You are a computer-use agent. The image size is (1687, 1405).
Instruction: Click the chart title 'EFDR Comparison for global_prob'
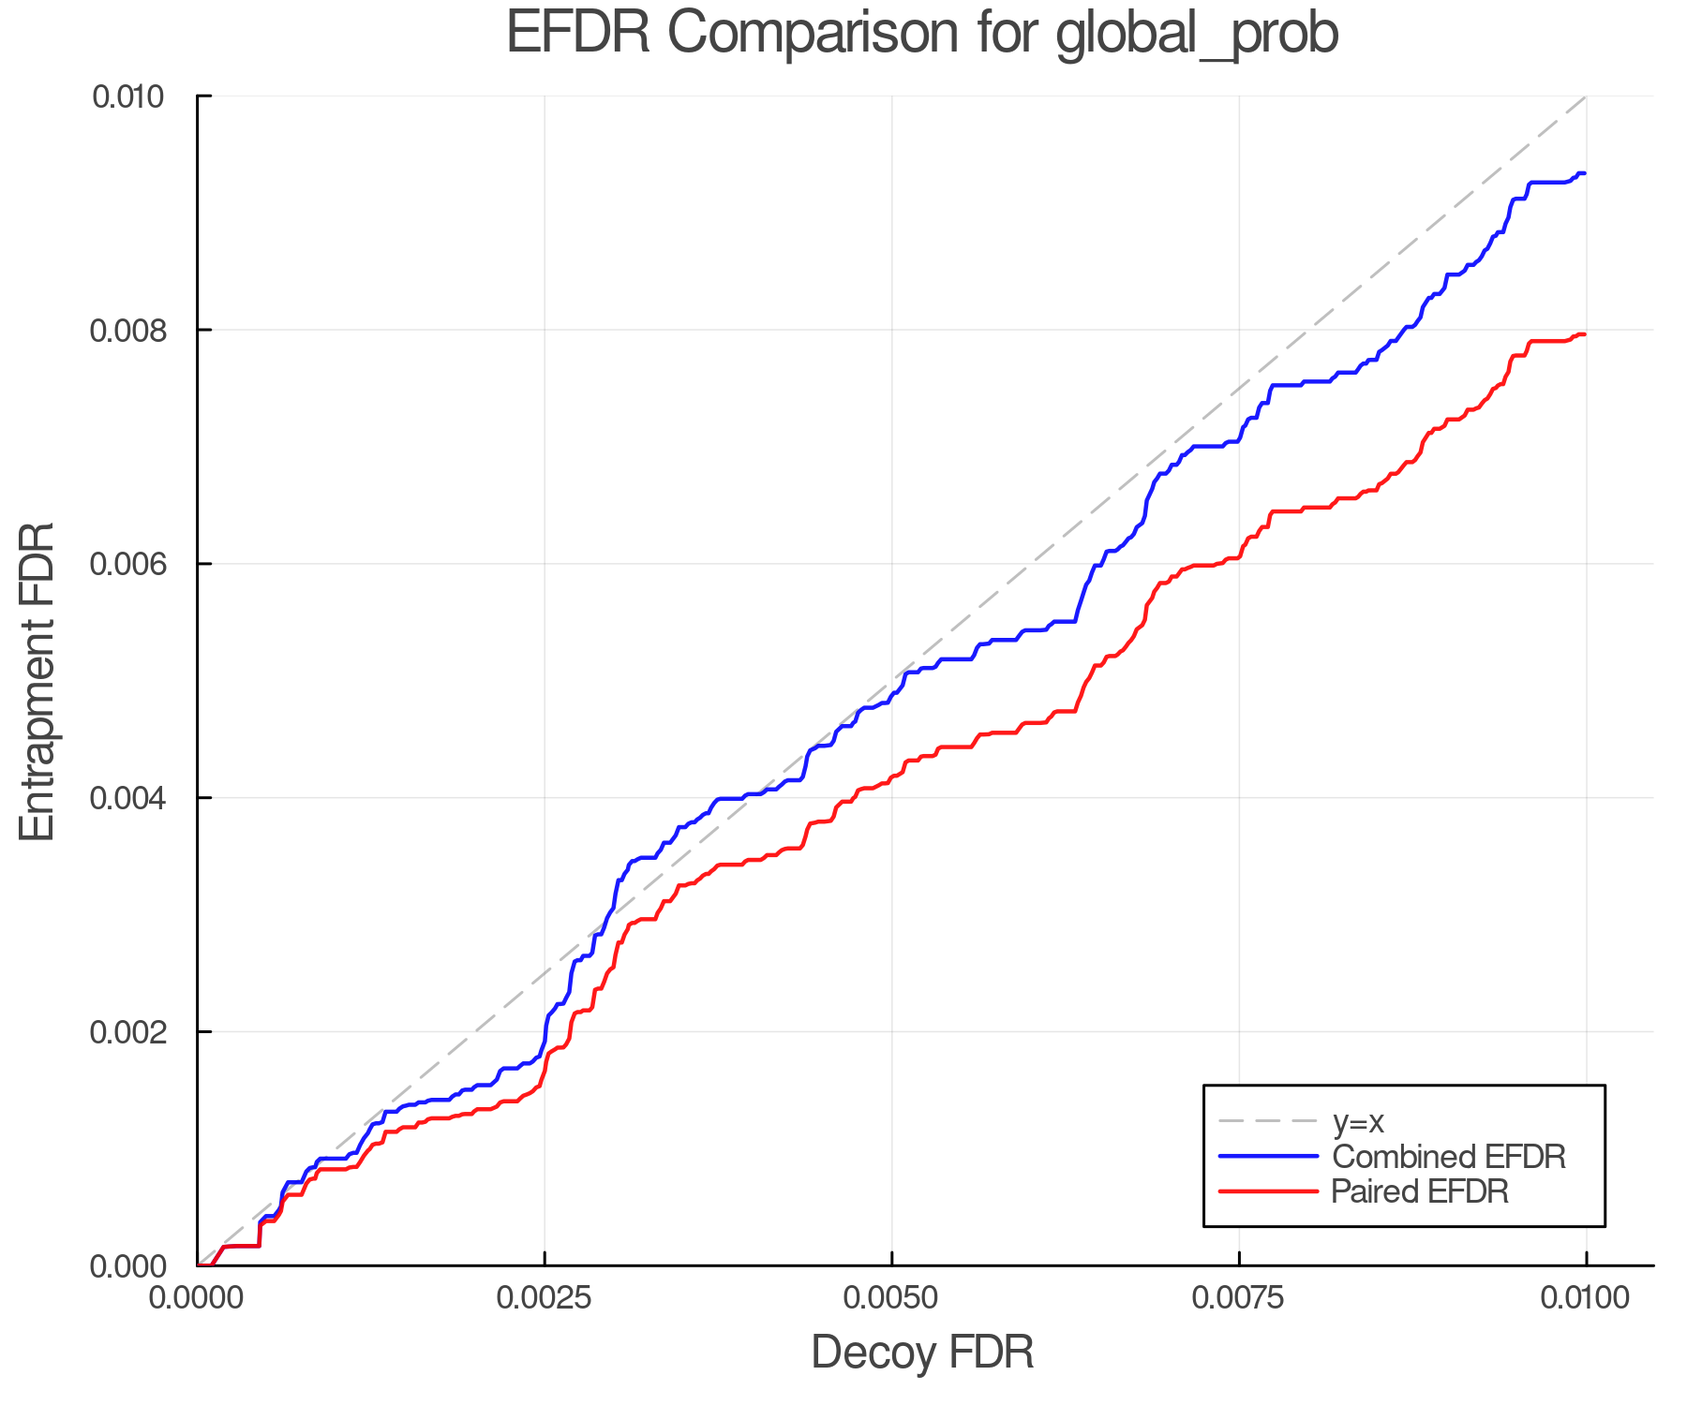pos(922,34)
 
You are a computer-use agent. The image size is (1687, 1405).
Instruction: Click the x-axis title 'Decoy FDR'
pos(922,1352)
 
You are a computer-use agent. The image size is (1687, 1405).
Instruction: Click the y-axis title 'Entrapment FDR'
pos(37,681)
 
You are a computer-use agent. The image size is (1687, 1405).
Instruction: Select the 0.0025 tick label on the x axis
pos(545,1297)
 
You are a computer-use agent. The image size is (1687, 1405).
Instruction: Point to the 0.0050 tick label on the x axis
pos(891,1297)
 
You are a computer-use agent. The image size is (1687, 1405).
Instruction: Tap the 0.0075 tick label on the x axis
pos(1239,1297)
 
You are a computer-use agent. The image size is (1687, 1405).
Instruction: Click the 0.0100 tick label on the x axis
pos(1586,1297)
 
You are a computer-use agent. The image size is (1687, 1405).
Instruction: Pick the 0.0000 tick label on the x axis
pos(197,1297)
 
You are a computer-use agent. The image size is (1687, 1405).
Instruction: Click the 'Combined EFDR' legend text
pos(1449,1157)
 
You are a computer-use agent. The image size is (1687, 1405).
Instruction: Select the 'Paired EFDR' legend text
pos(1420,1191)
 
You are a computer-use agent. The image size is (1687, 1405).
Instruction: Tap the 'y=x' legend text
pos(1358,1121)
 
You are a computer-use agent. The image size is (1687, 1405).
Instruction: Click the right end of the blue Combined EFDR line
pos(1585,173)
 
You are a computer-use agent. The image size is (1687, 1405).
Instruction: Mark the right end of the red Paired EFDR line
pos(1585,334)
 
